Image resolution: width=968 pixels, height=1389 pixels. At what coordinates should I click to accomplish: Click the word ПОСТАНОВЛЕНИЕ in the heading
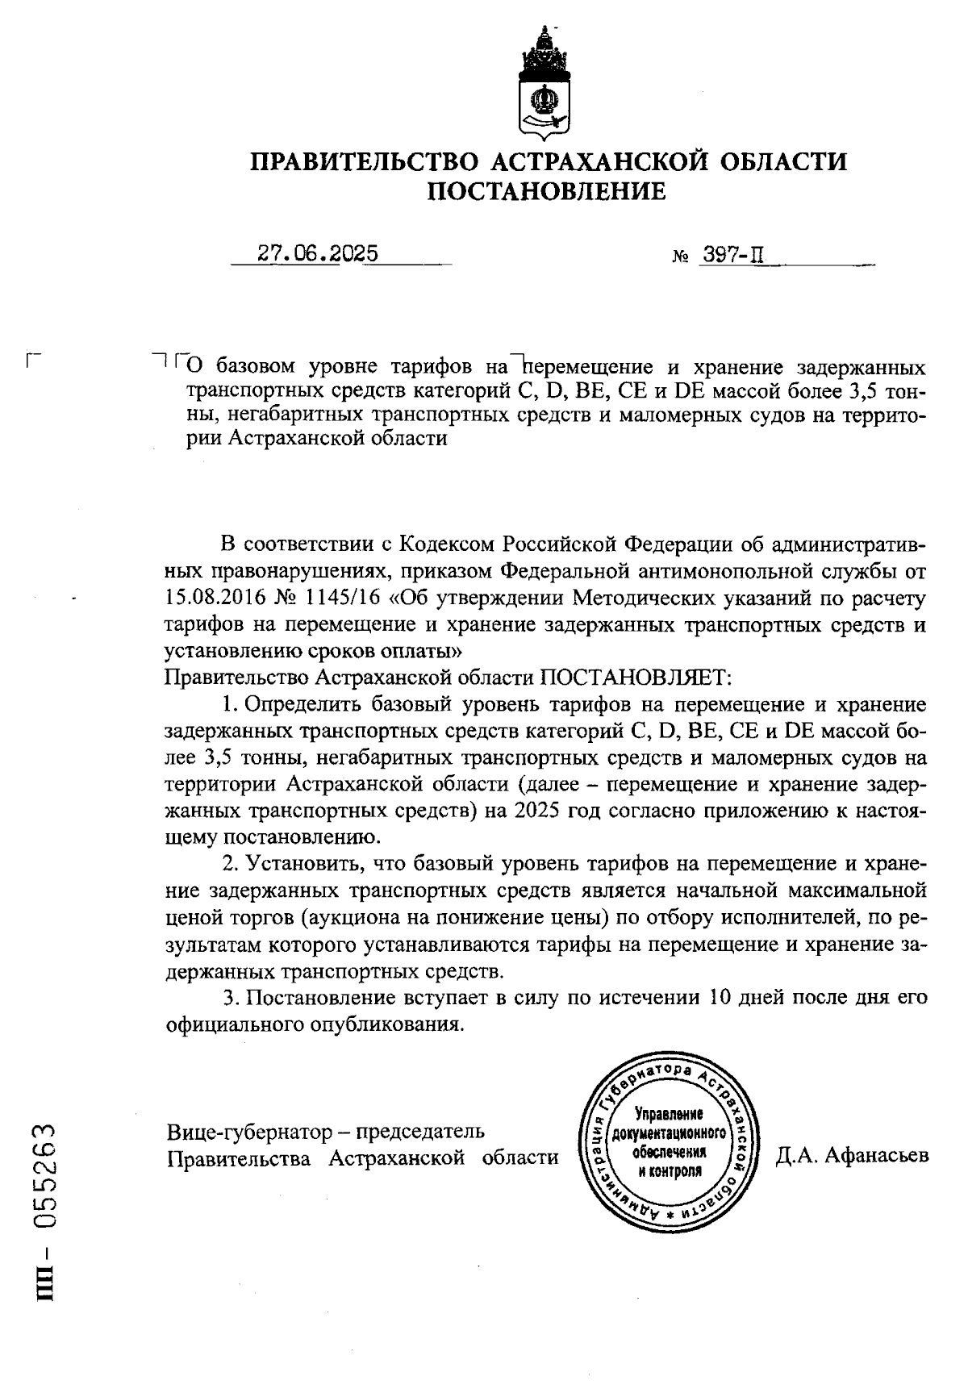(x=547, y=192)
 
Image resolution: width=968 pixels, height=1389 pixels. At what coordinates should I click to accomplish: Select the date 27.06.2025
(x=318, y=254)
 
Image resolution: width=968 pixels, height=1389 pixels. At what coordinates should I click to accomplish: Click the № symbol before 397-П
(x=679, y=257)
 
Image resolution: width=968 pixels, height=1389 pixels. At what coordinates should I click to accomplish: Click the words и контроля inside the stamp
(x=670, y=1170)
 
